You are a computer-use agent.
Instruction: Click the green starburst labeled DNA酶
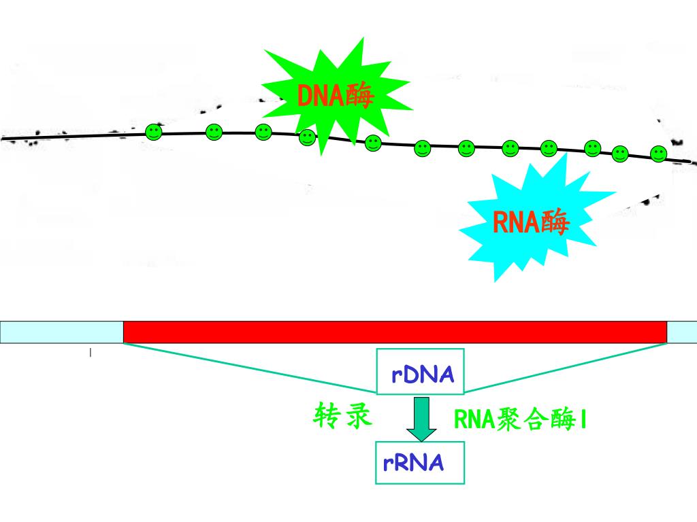coord(334,95)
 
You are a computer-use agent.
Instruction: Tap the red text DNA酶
coord(336,96)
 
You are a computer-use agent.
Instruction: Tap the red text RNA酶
coord(530,222)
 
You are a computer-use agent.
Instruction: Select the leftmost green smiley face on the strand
coord(154,133)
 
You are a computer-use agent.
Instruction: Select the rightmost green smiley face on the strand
coord(658,154)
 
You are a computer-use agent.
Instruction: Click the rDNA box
coord(421,372)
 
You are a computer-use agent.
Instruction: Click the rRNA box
coord(420,463)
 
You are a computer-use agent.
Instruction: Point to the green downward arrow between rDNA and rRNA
coord(421,418)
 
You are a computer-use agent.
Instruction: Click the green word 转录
coord(343,415)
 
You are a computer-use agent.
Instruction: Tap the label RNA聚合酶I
coord(520,420)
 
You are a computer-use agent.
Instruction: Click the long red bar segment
coord(395,332)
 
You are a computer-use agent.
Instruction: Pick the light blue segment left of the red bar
coord(61,332)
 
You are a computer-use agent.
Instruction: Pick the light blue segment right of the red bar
coord(681,332)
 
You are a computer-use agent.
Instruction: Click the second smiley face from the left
coord(214,133)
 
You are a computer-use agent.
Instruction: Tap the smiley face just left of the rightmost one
coord(620,154)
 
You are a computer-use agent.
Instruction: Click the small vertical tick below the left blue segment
coord(91,353)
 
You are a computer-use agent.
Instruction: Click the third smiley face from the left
coord(263,133)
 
